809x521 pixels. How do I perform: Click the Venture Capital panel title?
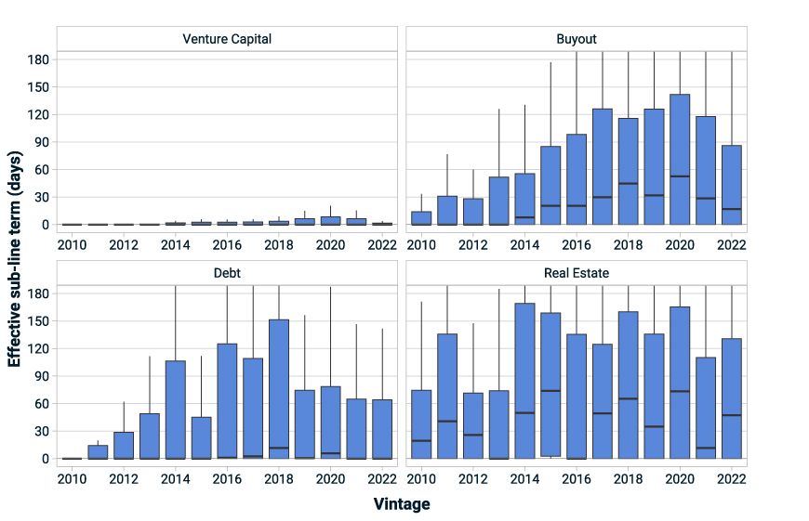click(227, 39)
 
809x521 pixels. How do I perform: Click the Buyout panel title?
click(577, 39)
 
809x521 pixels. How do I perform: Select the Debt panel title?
click(227, 273)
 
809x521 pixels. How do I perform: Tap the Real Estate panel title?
click(577, 273)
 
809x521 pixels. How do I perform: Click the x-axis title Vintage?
click(402, 504)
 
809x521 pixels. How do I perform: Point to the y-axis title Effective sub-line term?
click(15, 260)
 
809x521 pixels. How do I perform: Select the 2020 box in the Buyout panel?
click(680, 158)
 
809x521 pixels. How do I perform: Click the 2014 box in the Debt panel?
click(176, 409)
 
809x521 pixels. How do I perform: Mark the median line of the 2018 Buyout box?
click(628, 183)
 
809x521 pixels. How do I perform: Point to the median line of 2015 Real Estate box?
click(550, 390)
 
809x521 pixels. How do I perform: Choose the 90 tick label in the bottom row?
click(38, 376)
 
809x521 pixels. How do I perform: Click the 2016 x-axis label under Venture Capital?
click(227, 245)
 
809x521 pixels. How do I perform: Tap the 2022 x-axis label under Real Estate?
click(731, 479)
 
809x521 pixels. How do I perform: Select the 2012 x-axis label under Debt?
click(124, 479)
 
